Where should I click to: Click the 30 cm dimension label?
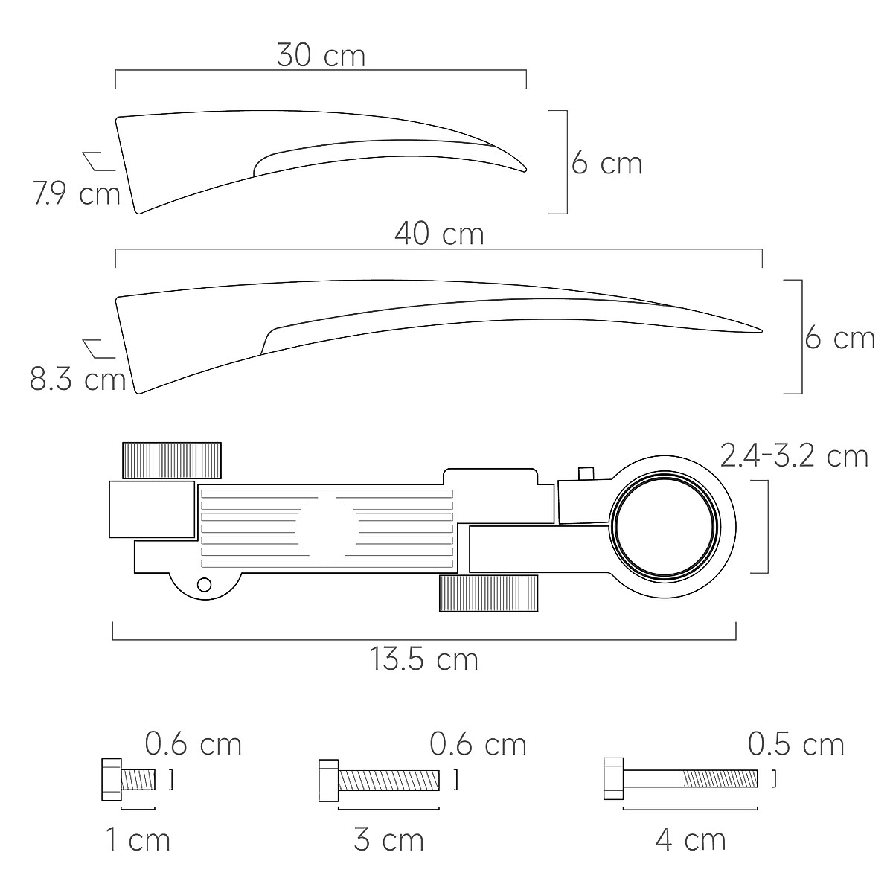coord(321,56)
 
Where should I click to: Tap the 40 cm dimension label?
coord(439,234)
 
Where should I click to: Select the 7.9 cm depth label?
coord(77,193)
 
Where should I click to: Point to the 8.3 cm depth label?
coord(78,379)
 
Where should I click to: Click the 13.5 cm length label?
coord(424,659)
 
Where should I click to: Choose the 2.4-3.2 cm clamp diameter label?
coord(794,456)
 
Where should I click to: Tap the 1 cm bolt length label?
coord(138,839)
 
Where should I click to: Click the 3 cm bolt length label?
coord(388,839)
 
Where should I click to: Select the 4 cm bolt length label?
coord(691,839)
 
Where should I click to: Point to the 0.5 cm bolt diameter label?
coord(796,745)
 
